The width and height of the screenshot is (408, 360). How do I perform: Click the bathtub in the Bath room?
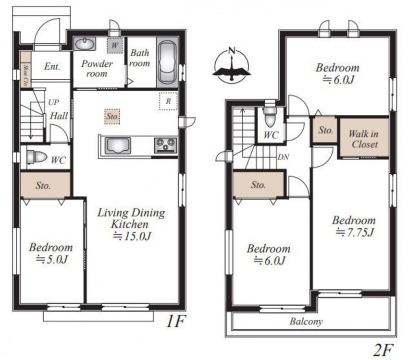(168, 62)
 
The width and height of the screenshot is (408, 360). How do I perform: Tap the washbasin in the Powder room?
(85, 44)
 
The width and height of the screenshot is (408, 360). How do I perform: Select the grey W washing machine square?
(114, 46)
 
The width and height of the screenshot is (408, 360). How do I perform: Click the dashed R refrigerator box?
(168, 101)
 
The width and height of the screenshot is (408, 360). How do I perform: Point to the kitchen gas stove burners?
(165, 145)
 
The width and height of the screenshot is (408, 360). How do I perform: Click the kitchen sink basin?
(118, 146)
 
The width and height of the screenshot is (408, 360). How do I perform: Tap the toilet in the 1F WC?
(37, 157)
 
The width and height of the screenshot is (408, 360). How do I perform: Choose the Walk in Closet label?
(364, 139)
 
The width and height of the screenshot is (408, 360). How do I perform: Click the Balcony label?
(306, 322)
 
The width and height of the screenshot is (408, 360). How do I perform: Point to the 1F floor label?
(175, 322)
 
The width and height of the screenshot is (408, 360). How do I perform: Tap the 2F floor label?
(383, 350)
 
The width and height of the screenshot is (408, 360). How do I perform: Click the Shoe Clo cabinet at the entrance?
(26, 70)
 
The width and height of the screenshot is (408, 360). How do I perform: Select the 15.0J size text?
(132, 236)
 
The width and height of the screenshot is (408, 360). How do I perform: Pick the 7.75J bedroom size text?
(355, 232)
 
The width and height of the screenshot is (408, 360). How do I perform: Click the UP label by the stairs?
(53, 102)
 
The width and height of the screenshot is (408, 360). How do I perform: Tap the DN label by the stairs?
(283, 157)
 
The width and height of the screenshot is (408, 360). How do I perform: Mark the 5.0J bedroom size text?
(52, 259)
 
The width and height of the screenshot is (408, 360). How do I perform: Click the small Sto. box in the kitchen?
(112, 117)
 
